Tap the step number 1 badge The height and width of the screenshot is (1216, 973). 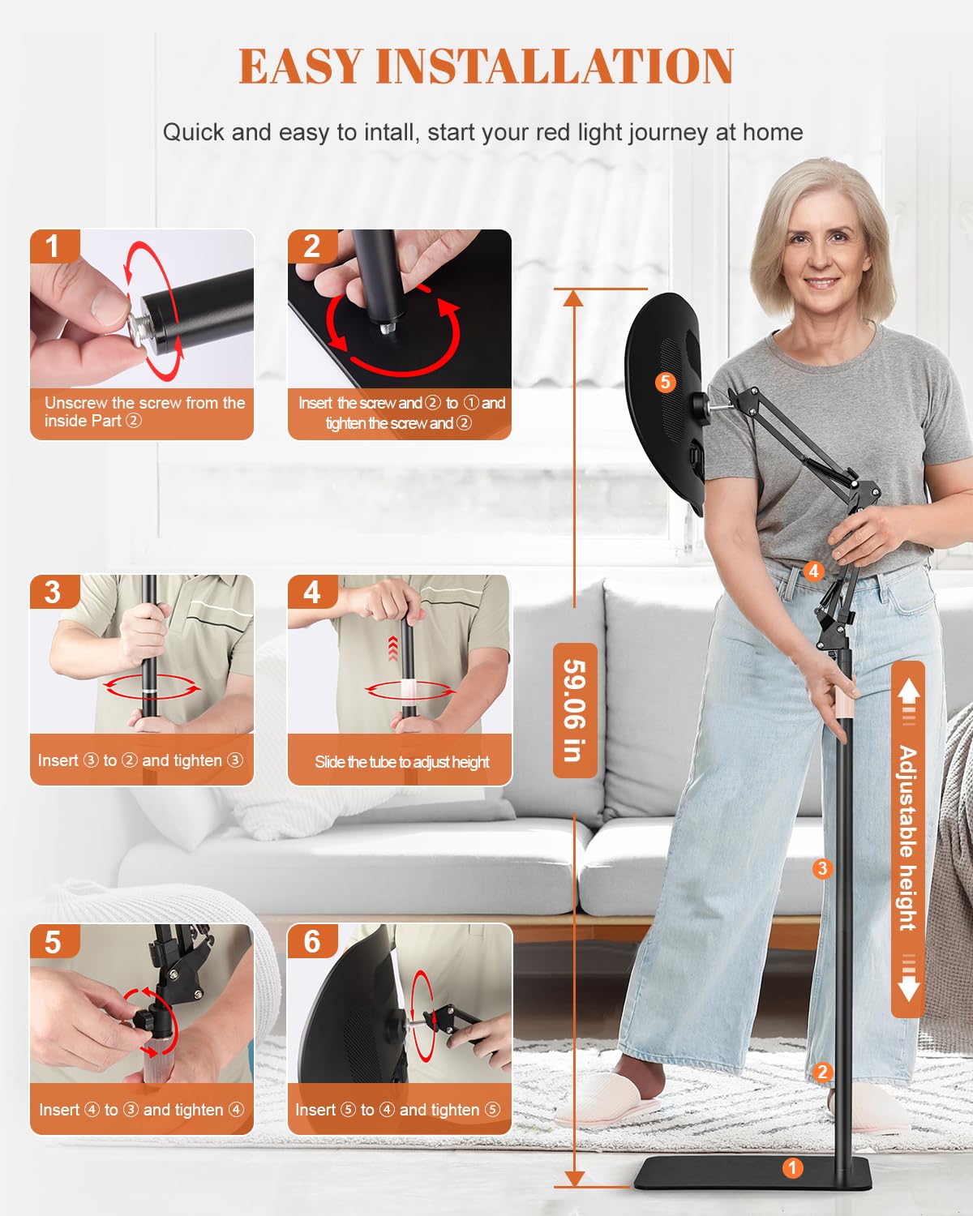click(x=55, y=246)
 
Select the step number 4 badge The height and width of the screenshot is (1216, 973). click(x=313, y=592)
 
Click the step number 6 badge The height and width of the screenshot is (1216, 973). click(x=313, y=941)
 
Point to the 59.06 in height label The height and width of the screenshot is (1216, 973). click(x=575, y=710)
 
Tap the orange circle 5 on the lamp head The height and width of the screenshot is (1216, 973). click(x=666, y=383)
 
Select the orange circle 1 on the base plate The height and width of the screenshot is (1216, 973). click(x=793, y=1167)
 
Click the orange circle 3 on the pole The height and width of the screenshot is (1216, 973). click(x=823, y=868)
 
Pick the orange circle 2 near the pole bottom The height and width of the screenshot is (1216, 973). click(x=823, y=1072)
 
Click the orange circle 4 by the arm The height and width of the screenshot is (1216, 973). click(x=813, y=572)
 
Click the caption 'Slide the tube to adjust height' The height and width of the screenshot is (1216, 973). click(x=402, y=762)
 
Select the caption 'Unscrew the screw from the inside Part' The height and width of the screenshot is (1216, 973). click(x=145, y=412)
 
